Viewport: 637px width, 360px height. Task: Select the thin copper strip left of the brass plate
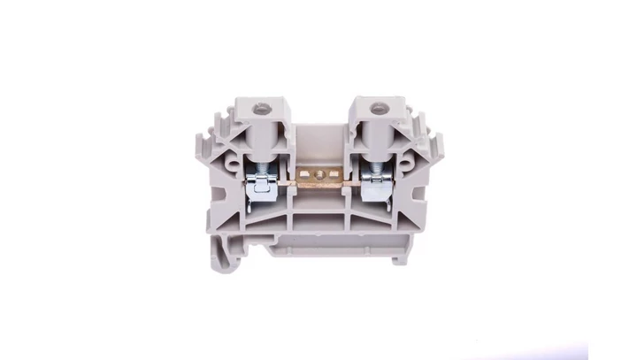(x=289, y=183)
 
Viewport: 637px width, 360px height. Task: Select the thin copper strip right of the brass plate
(x=348, y=183)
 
